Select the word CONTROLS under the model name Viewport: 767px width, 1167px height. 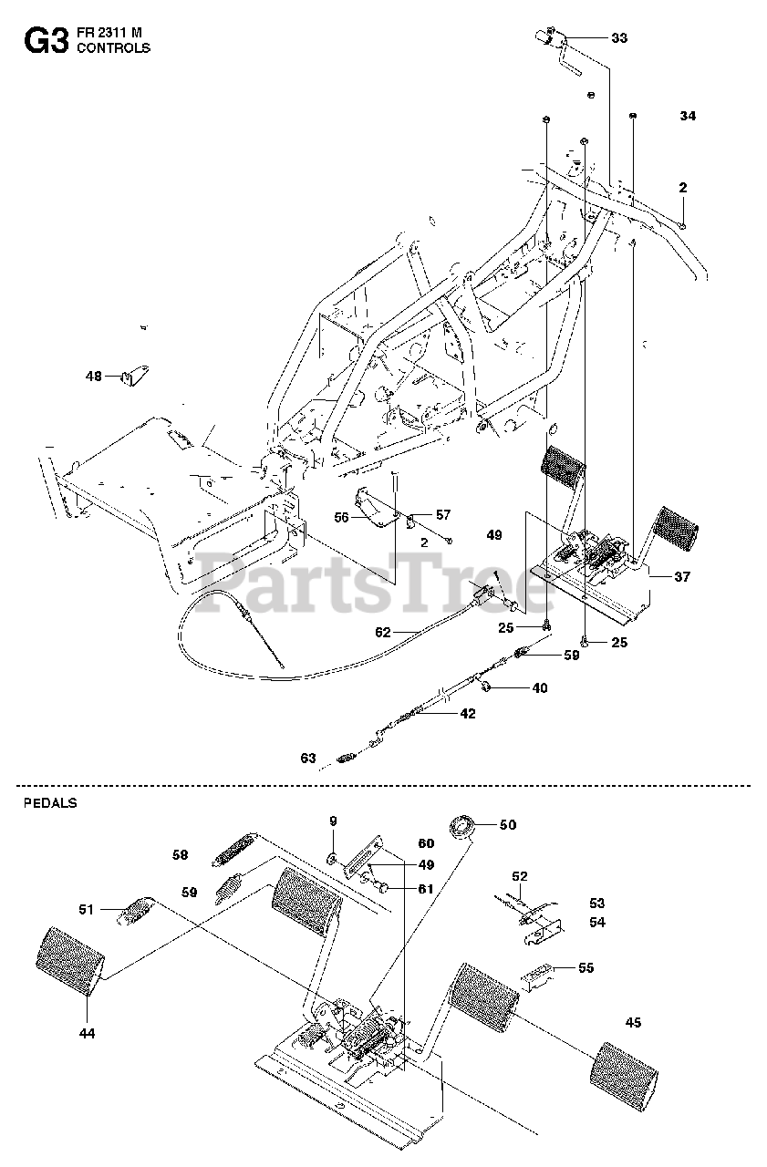pyautogui.click(x=114, y=48)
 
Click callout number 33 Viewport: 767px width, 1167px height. pyautogui.click(x=619, y=38)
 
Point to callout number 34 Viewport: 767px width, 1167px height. pyautogui.click(x=688, y=116)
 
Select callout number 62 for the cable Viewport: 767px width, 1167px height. pyautogui.click(x=382, y=631)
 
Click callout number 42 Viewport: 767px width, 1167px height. pyautogui.click(x=467, y=714)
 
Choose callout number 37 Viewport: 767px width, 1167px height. pyautogui.click(x=682, y=576)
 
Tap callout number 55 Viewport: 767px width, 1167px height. pyautogui.click(x=586, y=967)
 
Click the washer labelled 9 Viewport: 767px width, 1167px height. pyautogui.click(x=333, y=857)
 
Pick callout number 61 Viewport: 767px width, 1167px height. pyautogui.click(x=425, y=889)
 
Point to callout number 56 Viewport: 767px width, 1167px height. pyautogui.click(x=342, y=517)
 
